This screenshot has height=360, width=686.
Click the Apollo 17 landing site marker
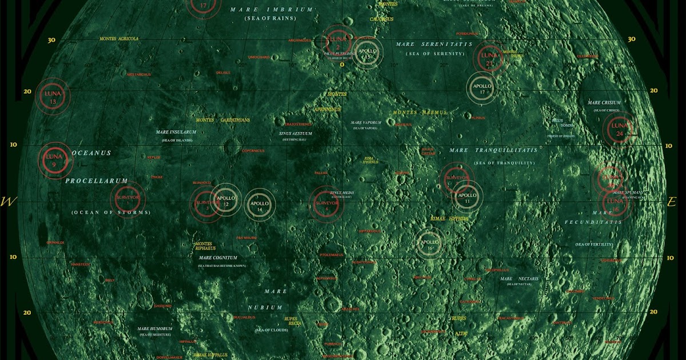pyautogui.click(x=482, y=88)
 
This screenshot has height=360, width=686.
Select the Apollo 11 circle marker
pyautogui.click(x=467, y=197)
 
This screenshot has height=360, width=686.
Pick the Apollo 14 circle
pyautogui.click(x=260, y=205)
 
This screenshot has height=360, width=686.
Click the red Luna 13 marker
pyautogui.click(x=53, y=97)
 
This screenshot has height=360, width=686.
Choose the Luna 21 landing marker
pyautogui.click(x=489, y=58)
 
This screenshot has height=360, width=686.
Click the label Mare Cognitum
pyautogui.click(x=218, y=258)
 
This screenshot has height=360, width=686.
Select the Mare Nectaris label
pyautogui.click(x=514, y=279)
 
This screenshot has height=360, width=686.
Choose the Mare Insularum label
pyautogui.click(x=176, y=132)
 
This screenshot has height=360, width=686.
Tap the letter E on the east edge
pyautogui.click(x=672, y=202)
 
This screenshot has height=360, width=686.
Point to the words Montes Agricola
pyautogui.click(x=119, y=39)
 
